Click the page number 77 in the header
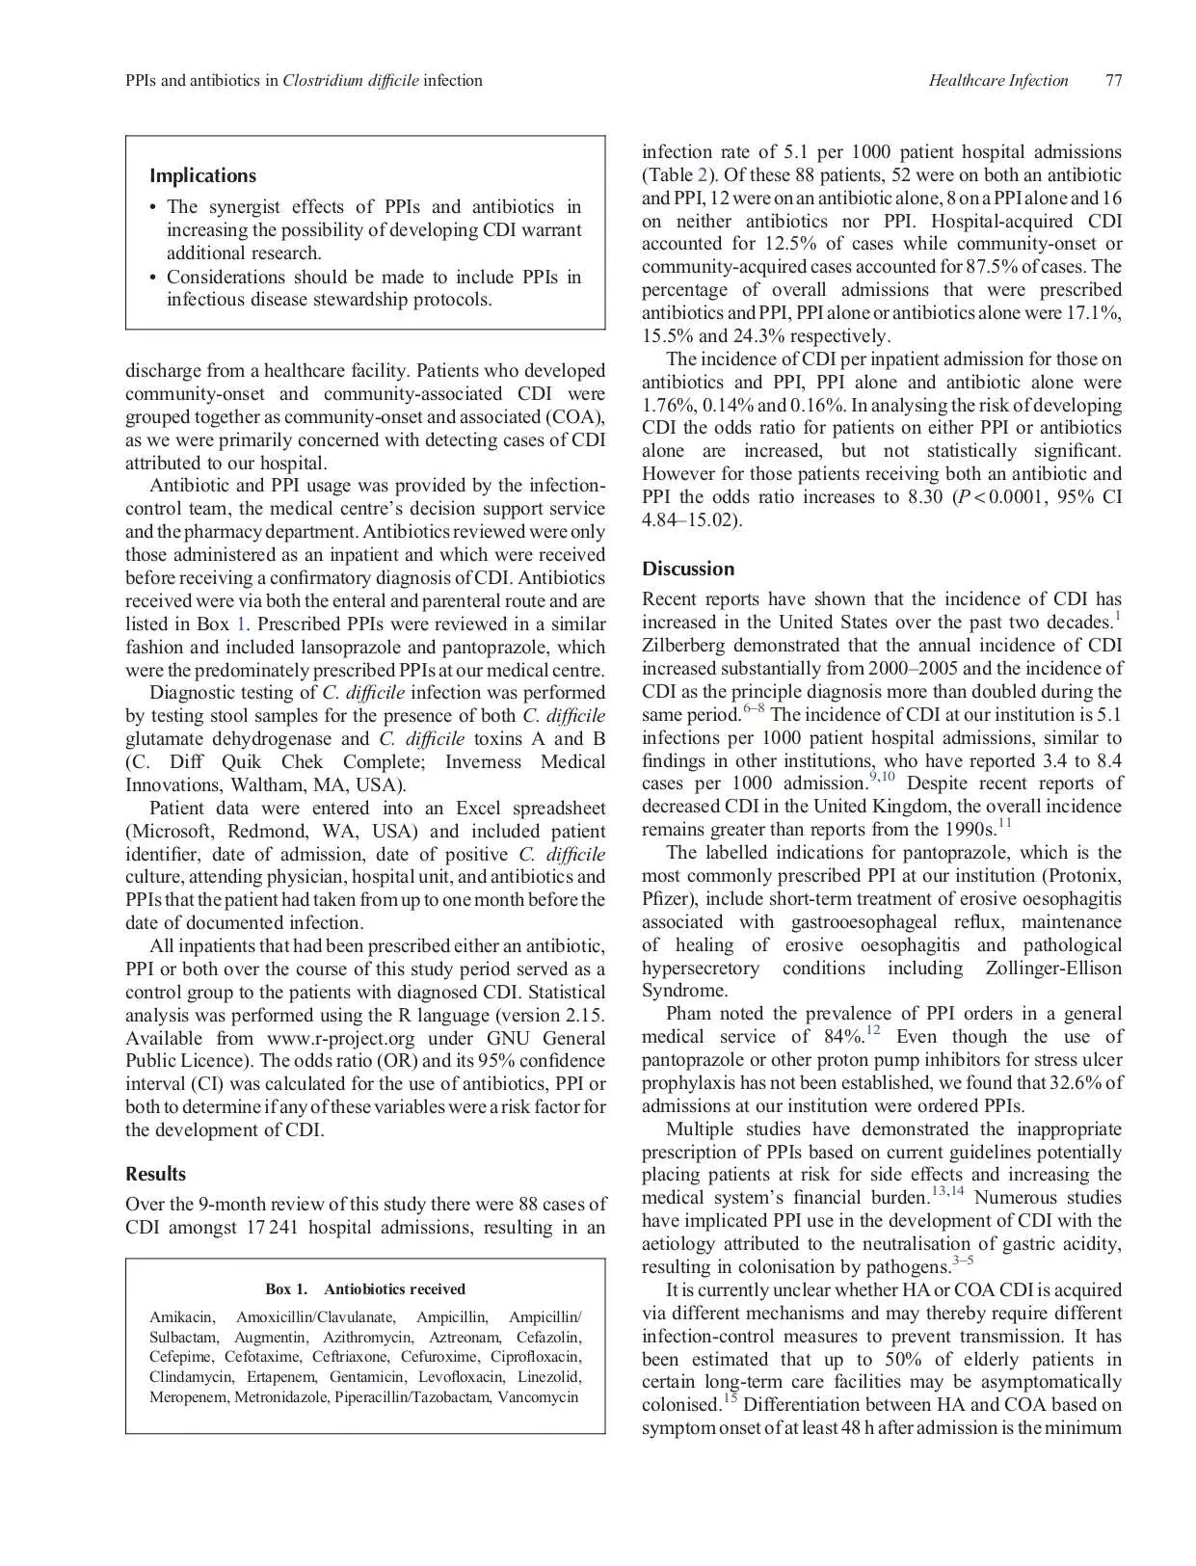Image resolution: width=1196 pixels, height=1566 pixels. pos(1113,81)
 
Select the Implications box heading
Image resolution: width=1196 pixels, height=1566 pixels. pos(202,175)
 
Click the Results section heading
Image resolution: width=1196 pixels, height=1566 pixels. pos(155,1174)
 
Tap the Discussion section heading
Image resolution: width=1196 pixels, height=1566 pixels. pos(688,569)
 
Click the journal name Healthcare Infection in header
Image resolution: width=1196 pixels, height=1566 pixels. pos(997,81)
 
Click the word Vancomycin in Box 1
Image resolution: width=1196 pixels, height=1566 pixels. pos(538,1397)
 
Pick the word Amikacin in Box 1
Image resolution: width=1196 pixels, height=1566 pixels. pos(182,1317)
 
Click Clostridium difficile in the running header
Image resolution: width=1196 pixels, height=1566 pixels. pos(351,81)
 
